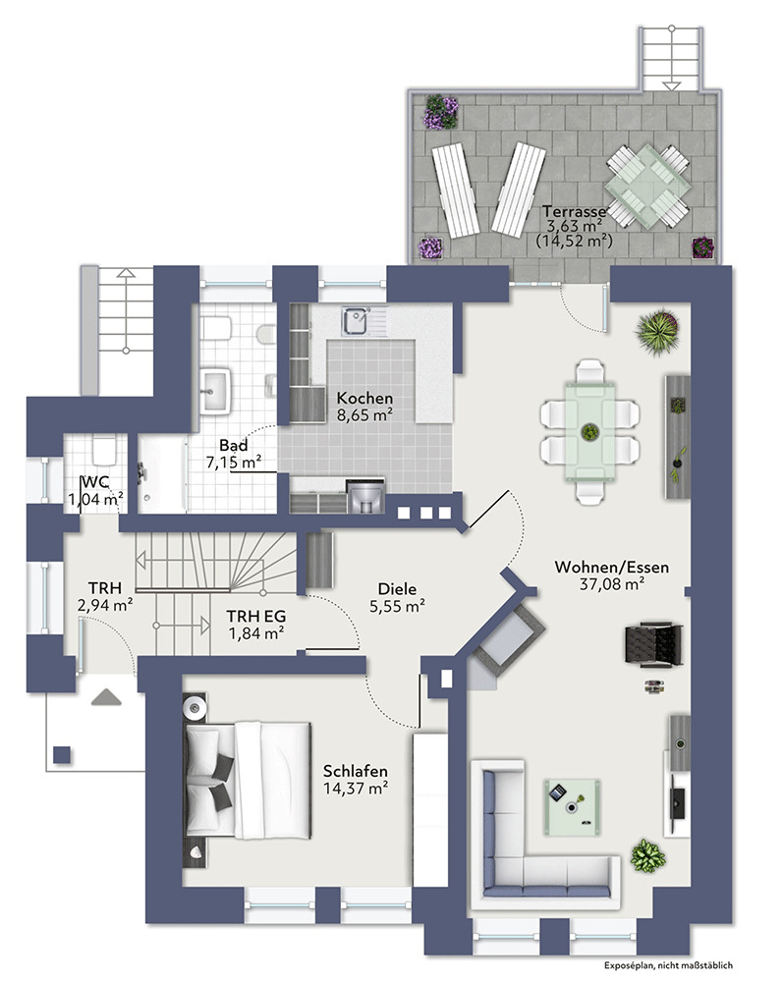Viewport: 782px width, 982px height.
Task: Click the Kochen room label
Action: [x=364, y=399]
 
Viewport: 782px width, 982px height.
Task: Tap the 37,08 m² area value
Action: [x=612, y=584]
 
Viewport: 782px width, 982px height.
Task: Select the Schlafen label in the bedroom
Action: [x=356, y=771]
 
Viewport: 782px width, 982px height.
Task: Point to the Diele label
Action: [x=397, y=589]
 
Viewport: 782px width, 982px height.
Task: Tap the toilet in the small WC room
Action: [x=104, y=450]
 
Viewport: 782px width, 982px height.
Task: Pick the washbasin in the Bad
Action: [x=215, y=390]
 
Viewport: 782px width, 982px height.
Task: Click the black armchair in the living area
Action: [x=653, y=644]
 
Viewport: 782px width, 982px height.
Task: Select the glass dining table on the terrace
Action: [x=648, y=186]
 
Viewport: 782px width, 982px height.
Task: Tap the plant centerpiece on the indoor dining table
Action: [x=589, y=431]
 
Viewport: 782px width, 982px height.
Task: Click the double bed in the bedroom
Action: [x=249, y=780]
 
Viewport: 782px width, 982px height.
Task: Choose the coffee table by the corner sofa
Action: [x=572, y=807]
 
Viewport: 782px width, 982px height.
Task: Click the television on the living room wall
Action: [x=677, y=796]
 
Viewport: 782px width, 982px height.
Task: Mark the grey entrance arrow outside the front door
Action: [x=106, y=697]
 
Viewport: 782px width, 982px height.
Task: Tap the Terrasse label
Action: [x=574, y=211]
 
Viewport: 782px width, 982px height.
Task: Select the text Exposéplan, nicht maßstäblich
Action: [x=669, y=965]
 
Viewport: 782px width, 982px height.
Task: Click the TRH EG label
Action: [x=256, y=617]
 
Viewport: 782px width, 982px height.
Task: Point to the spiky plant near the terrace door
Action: [x=657, y=331]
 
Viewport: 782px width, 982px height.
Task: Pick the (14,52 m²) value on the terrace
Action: [x=574, y=240]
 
